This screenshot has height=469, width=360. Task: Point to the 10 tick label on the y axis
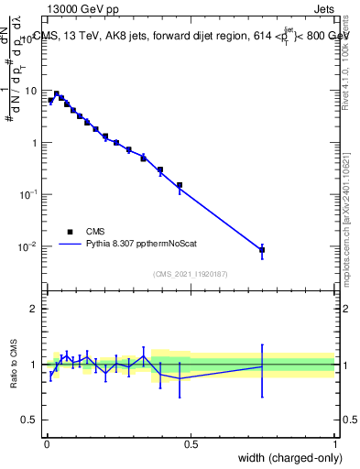(x=30, y=92)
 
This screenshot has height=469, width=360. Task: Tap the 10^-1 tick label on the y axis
(x=27, y=195)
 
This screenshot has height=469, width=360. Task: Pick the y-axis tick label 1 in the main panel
(x=34, y=144)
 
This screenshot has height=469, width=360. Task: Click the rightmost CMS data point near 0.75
(x=262, y=249)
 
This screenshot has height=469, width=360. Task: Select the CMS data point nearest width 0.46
(x=180, y=185)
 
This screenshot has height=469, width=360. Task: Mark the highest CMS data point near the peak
(x=57, y=93)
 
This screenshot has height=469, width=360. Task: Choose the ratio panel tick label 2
(x=34, y=309)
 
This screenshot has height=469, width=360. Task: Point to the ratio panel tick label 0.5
(x=30, y=421)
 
